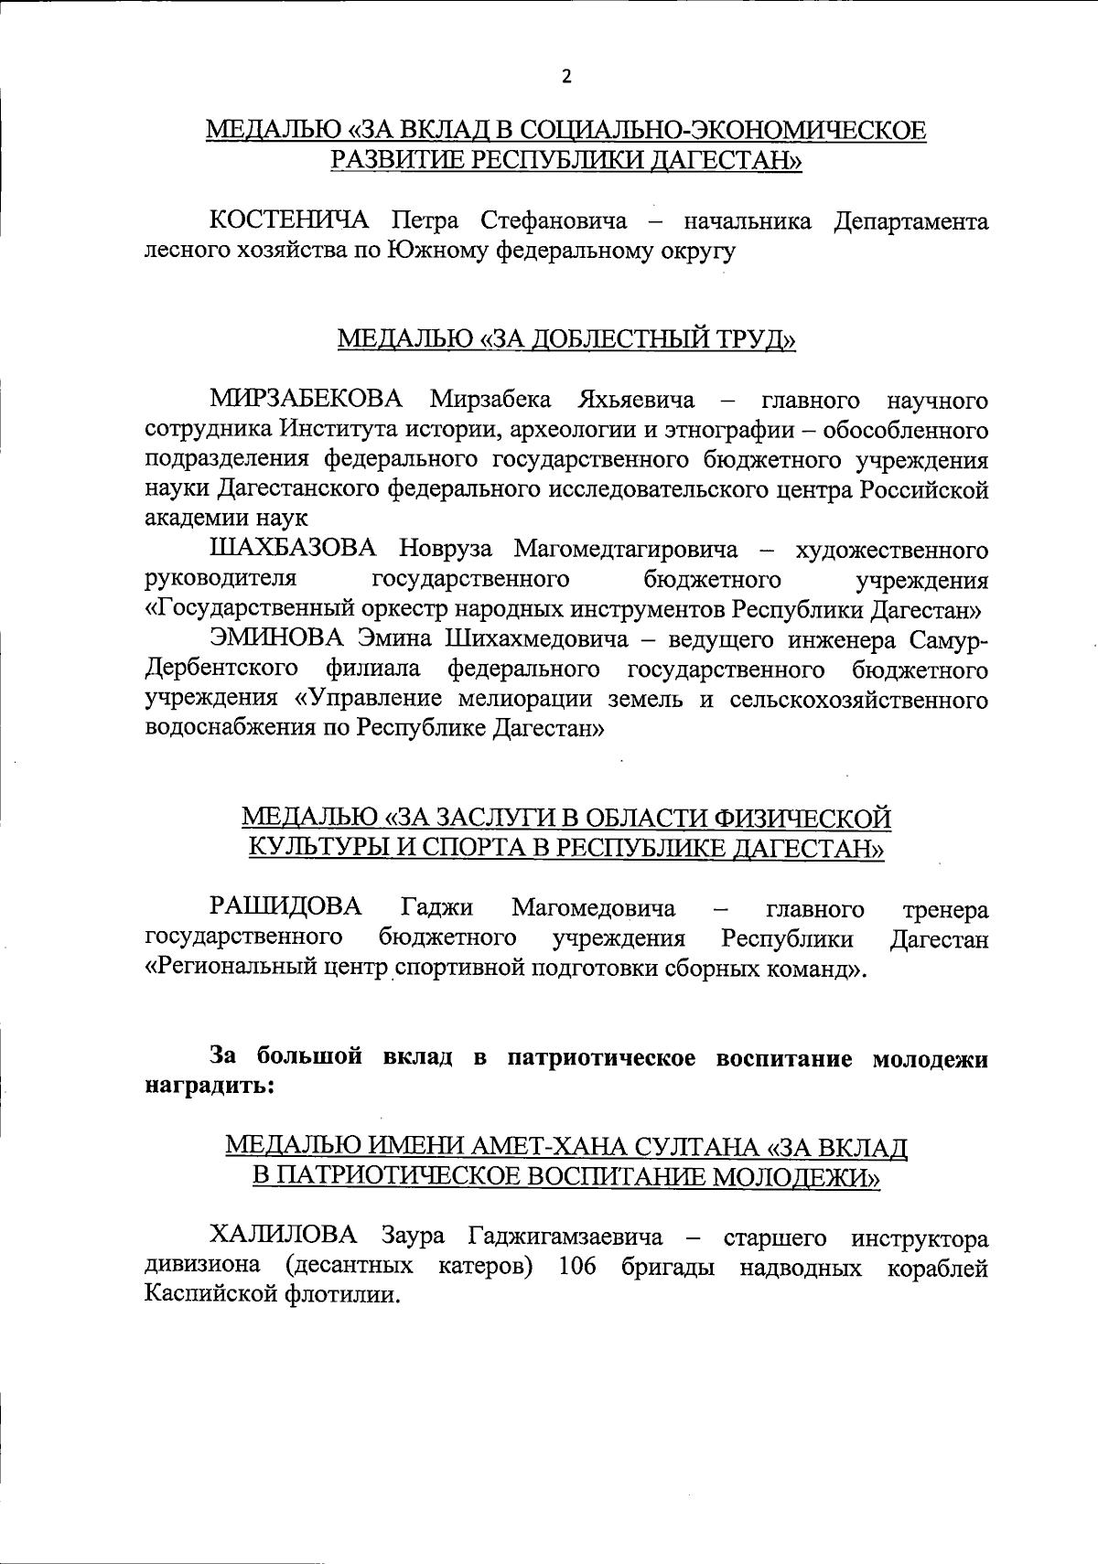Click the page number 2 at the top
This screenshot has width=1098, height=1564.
(565, 76)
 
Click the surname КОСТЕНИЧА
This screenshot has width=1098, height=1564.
(289, 221)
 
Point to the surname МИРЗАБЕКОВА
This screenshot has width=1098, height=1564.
(307, 400)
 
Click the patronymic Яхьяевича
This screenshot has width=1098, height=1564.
(635, 400)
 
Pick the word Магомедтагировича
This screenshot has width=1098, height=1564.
(625, 550)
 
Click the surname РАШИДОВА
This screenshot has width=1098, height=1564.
(286, 908)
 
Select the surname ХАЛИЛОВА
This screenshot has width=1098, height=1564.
(283, 1238)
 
